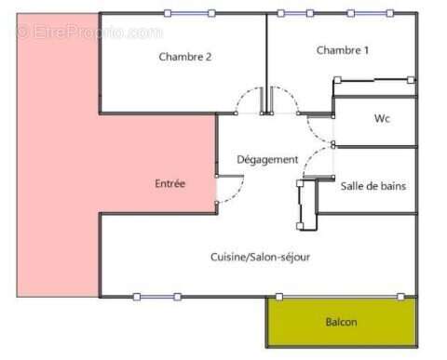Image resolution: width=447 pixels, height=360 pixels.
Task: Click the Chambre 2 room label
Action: point(184,56)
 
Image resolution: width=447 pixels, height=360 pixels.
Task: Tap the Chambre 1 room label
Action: point(342,50)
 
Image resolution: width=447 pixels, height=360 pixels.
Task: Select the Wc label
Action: point(382,118)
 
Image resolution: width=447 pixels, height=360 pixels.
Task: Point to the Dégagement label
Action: point(267,159)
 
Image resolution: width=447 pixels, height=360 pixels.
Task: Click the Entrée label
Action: point(170,184)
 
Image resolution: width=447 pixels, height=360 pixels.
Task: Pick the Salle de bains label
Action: point(373,186)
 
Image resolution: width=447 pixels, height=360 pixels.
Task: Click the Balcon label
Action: point(341,322)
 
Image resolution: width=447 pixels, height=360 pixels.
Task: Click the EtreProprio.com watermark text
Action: point(88,33)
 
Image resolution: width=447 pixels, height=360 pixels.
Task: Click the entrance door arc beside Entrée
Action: point(229,190)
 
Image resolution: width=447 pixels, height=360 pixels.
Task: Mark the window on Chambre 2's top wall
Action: point(190,13)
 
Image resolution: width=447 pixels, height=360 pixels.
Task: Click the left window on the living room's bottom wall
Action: point(156,297)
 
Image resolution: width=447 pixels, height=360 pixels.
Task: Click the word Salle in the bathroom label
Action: point(354,186)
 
